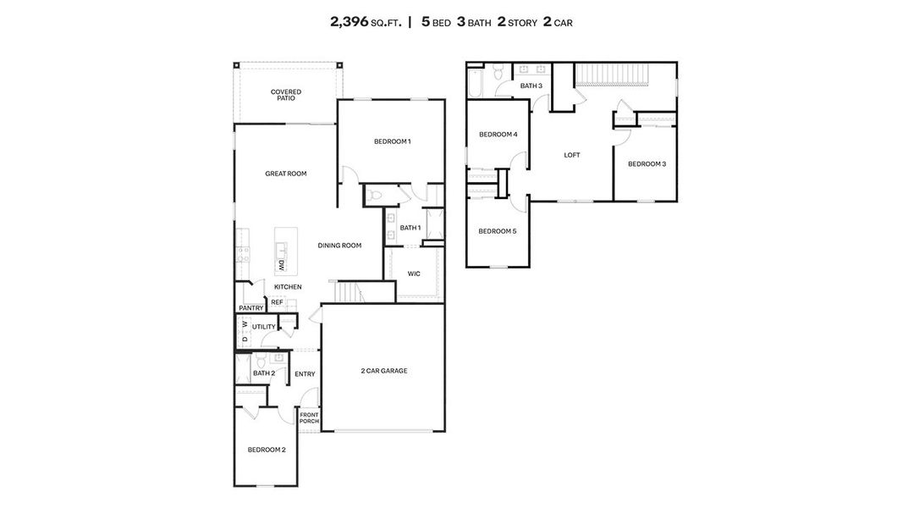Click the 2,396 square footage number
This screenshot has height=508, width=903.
349,22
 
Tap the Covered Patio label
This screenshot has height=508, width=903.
286,95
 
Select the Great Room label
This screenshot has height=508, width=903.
286,174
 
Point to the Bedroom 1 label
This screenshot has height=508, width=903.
392,141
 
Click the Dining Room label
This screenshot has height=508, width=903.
339,246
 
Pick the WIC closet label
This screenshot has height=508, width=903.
414,273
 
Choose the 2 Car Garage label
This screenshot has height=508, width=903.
384,371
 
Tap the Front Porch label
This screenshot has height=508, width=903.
309,417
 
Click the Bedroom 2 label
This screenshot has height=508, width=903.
266,450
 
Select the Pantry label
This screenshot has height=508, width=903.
251,308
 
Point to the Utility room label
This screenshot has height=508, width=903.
263,327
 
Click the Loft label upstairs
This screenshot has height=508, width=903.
572,155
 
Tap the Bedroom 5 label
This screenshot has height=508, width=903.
497,231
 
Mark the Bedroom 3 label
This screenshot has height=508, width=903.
647,163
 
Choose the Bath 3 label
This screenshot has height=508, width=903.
531,86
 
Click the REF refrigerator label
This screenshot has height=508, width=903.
277,302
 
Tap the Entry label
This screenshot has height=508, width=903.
305,374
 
